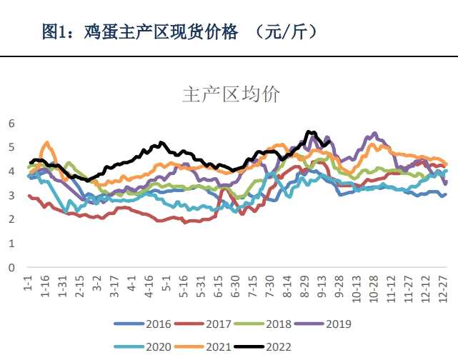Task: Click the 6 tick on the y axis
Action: (11, 123)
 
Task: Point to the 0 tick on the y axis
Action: (11, 268)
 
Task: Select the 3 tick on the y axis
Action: (11, 195)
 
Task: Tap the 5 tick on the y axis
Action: (11, 147)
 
